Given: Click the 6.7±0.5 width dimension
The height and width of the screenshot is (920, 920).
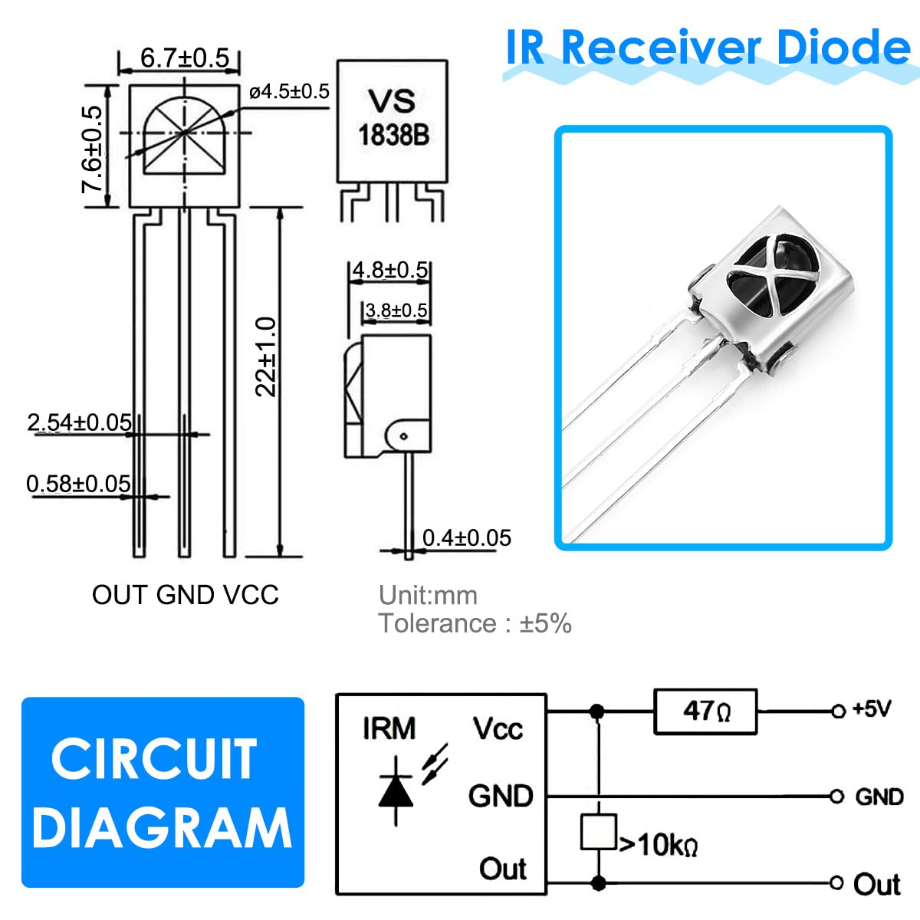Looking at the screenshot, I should pyautogui.click(x=185, y=58).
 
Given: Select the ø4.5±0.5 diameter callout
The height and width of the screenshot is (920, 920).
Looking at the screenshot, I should pyautogui.click(x=289, y=92).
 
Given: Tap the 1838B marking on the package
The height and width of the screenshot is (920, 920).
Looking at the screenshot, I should pyautogui.click(x=393, y=136).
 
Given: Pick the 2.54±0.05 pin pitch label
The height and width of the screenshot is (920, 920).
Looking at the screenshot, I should pyautogui.click(x=79, y=422).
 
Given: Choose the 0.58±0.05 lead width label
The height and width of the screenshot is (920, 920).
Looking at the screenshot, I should pyautogui.click(x=78, y=484).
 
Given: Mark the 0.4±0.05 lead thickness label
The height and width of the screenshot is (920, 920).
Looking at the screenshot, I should pyautogui.click(x=466, y=538).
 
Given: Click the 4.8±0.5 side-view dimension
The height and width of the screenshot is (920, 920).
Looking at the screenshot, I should pyautogui.click(x=389, y=270).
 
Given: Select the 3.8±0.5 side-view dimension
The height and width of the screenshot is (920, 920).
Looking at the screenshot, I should pyautogui.click(x=396, y=310).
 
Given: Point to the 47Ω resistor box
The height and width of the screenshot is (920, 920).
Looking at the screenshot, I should pyautogui.click(x=705, y=711).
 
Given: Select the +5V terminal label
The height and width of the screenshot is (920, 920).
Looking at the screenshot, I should pyautogui.click(x=872, y=709).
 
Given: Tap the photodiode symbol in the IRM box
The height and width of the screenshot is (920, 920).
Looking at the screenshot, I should pyautogui.click(x=396, y=790).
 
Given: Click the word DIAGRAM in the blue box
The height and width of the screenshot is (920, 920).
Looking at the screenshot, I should pyautogui.click(x=162, y=828).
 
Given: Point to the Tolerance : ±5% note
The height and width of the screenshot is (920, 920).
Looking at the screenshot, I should pyautogui.click(x=475, y=624).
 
